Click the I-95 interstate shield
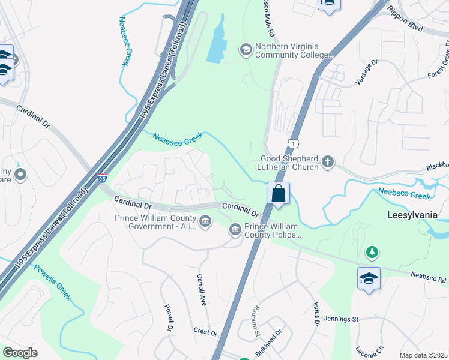point(101,178)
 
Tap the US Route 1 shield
point(292,142)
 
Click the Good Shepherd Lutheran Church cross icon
point(327,161)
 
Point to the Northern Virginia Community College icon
point(245,49)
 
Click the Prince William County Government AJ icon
point(205,221)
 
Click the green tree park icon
point(372,252)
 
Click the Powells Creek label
point(52,283)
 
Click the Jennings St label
point(340,319)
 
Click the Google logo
point(20,353)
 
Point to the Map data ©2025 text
point(423,355)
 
